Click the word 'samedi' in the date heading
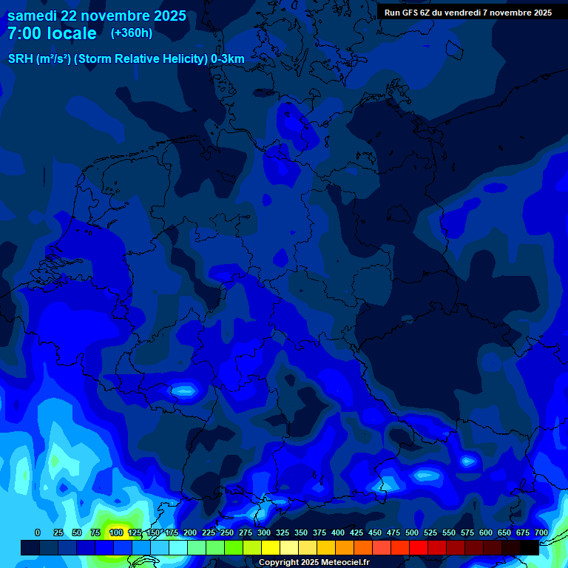pyautogui.click(x=33, y=16)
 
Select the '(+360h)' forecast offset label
pyautogui.click(x=132, y=33)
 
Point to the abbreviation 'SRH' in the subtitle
pyautogui.click(x=19, y=59)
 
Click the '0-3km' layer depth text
pyautogui.click(x=228, y=59)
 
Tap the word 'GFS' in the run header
pyautogui.click(x=409, y=13)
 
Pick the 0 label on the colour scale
pyautogui.click(x=38, y=532)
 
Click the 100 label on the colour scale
pyautogui.click(x=115, y=532)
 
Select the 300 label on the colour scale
pyautogui.click(x=264, y=532)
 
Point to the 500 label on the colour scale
pyautogui.click(x=412, y=532)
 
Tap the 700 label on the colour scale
pyautogui.click(x=541, y=532)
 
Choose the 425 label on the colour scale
pyautogui.click(x=356, y=532)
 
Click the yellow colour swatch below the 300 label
pyautogui.click(x=271, y=547)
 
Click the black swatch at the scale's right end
pyautogui.click(x=530, y=547)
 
